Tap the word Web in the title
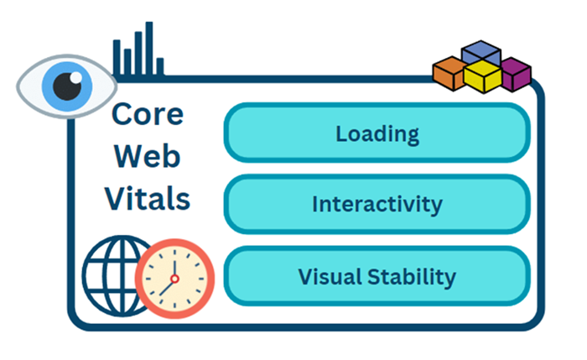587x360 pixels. (x=147, y=156)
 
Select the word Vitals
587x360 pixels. (x=147, y=199)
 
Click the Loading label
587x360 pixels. (x=377, y=133)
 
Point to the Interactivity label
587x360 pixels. (x=377, y=204)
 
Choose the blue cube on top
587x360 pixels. (x=481, y=52)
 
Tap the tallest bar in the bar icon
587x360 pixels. (x=149, y=48)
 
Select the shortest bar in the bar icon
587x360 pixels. (x=160, y=67)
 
